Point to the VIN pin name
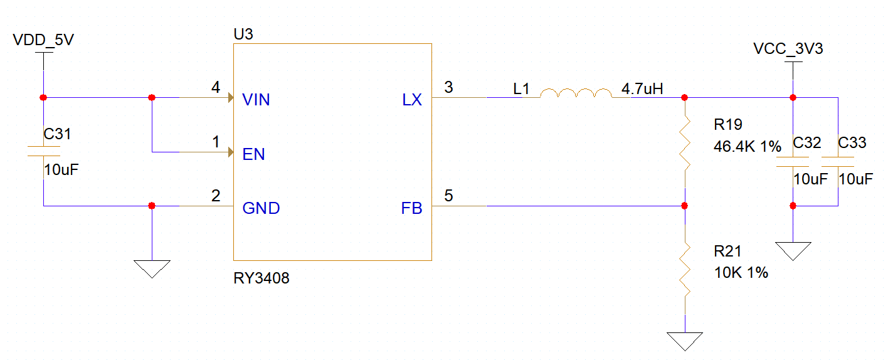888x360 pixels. click(256, 99)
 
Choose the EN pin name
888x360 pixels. click(253, 154)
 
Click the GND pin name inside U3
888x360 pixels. click(261, 208)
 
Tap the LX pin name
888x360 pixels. click(412, 99)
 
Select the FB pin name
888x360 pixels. click(411, 208)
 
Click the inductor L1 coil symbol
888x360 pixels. click(576, 93)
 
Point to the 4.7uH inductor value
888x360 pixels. click(643, 89)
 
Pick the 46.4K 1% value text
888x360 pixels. click(748, 147)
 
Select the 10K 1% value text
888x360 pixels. click(741, 272)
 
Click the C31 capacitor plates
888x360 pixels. click(43, 151)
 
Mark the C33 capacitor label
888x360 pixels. click(852, 142)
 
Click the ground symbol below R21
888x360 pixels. click(685, 341)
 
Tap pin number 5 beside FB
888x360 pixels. click(448, 196)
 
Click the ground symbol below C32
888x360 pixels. click(793, 251)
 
